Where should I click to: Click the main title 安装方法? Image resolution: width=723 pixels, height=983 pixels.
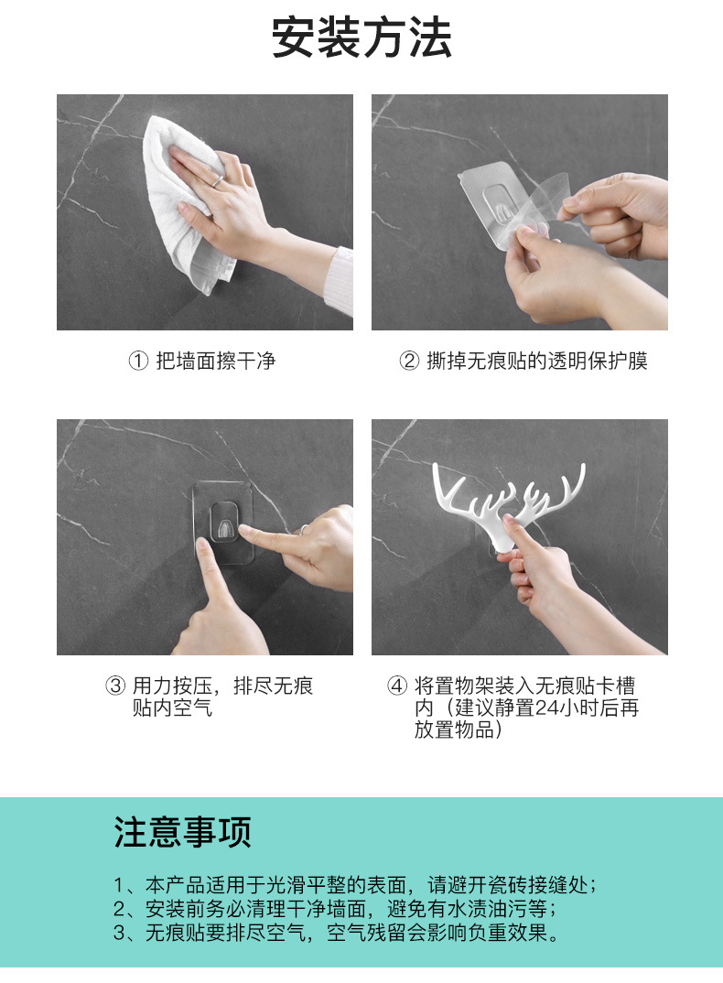point(361,38)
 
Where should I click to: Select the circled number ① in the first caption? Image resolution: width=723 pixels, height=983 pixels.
point(136,362)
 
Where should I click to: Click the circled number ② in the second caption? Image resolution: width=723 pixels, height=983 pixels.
point(408,362)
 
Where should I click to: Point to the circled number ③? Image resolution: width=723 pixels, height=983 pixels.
point(115,686)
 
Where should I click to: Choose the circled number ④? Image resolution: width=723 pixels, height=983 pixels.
point(396,686)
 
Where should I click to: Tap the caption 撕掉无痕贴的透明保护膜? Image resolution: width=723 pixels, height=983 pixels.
point(536,362)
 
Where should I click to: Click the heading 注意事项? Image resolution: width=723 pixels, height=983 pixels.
point(182,833)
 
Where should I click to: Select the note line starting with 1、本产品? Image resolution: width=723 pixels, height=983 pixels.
point(356,885)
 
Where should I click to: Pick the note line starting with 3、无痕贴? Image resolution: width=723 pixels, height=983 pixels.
point(336,934)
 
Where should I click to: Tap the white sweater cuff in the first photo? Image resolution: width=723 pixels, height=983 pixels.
point(340,279)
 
